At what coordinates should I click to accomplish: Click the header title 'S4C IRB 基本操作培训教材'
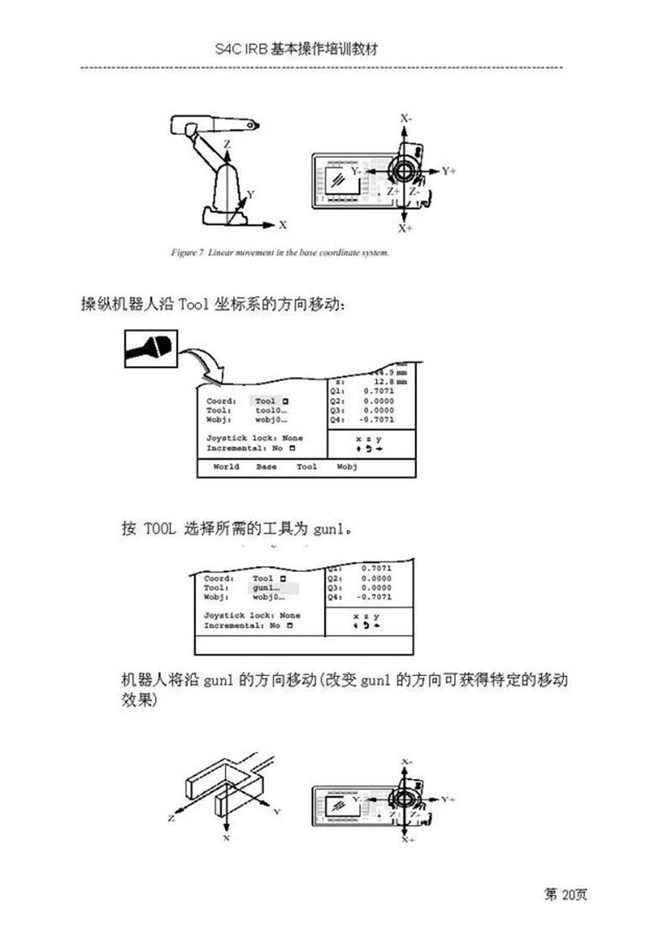(x=297, y=49)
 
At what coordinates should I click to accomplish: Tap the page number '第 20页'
(x=566, y=894)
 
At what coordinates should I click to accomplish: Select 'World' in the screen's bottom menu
(x=226, y=466)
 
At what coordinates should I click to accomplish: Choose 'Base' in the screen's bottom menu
(x=267, y=466)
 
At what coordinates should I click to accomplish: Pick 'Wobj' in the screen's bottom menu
(x=347, y=466)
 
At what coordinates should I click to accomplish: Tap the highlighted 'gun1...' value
(x=268, y=588)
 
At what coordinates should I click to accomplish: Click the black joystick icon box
(x=150, y=351)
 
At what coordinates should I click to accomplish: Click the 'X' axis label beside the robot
(x=283, y=225)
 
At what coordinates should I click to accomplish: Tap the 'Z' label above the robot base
(x=227, y=146)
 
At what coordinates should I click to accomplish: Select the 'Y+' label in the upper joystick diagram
(x=448, y=171)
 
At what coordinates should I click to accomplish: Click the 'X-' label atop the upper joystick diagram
(x=406, y=118)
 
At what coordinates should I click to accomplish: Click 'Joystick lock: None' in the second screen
(x=252, y=615)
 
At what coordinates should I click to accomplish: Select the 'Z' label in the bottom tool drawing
(x=172, y=818)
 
